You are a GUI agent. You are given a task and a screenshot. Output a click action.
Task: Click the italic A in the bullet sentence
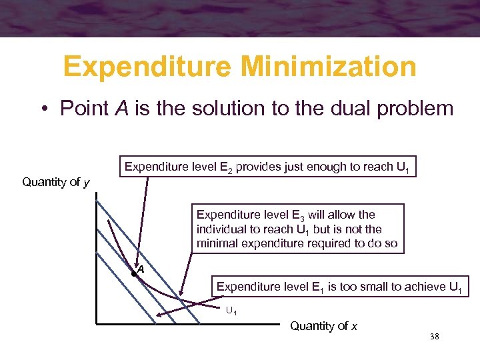click(121, 109)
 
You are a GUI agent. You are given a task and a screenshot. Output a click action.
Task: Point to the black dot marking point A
click(134, 273)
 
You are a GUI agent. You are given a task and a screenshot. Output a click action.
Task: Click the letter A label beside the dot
click(141, 269)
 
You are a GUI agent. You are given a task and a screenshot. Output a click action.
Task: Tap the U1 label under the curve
click(231, 311)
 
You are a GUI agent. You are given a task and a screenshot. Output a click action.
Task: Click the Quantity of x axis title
click(324, 326)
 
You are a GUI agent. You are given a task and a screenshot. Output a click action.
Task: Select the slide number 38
click(434, 337)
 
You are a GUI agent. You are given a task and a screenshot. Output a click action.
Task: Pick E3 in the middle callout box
click(297, 215)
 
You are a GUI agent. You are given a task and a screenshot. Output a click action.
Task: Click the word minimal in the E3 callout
click(219, 243)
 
